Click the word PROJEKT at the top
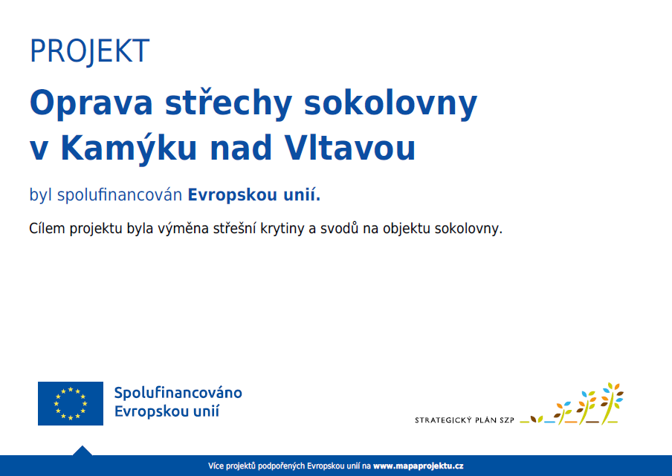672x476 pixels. pos(89,51)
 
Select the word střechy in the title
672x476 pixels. pos(228,102)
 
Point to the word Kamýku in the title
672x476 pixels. pos(129,149)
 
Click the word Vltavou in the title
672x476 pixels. pos(350,148)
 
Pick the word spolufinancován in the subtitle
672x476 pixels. pos(120,195)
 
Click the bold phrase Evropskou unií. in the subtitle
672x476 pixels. pos(254,195)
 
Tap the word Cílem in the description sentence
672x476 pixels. pos(47,228)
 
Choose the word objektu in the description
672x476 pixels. pos(407,229)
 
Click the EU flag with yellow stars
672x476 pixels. pos(71,404)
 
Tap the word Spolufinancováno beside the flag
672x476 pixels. pos(178,393)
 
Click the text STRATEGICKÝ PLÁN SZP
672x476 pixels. pos(464,420)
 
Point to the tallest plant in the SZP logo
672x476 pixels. pos(611,403)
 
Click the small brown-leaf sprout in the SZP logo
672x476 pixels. pos(536,419)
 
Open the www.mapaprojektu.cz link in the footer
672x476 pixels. pos(419,466)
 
